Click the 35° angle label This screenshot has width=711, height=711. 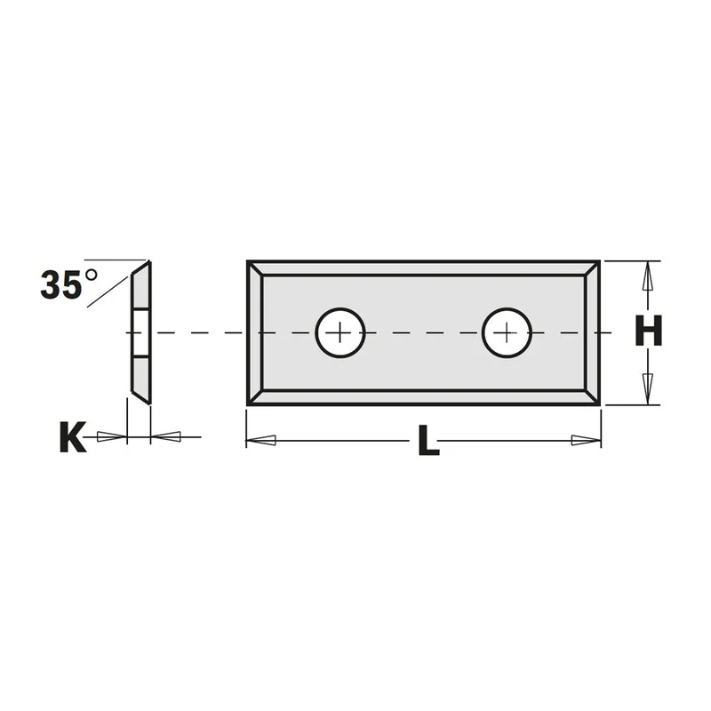68,284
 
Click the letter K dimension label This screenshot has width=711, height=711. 73,436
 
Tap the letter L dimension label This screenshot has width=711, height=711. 428,440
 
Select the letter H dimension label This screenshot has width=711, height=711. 649,331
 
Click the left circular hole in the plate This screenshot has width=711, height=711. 340,332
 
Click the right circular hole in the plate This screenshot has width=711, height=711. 507,332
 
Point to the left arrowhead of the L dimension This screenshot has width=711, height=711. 260,440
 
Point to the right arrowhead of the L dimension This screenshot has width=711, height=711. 587,440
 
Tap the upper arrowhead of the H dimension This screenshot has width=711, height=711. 648,276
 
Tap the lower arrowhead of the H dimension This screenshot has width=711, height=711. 648,389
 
